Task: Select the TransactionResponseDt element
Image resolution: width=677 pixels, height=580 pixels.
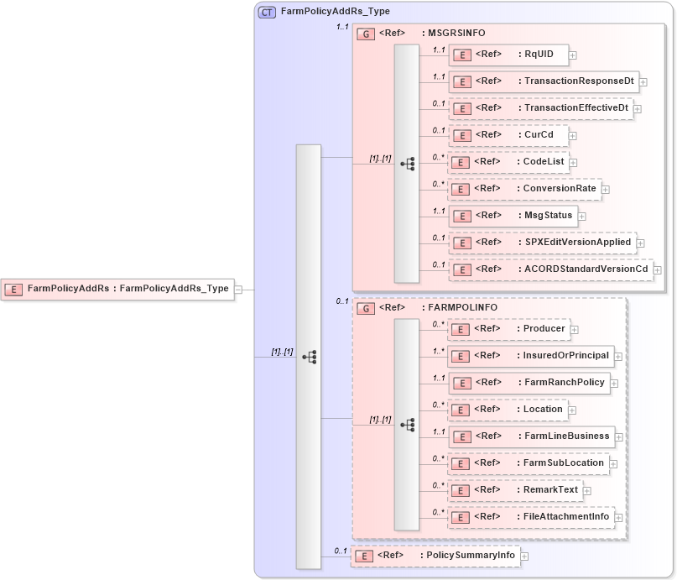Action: click(x=544, y=81)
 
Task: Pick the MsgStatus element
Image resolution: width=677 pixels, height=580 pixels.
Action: click(x=513, y=216)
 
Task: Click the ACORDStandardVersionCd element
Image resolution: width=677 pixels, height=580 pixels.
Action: click(x=550, y=269)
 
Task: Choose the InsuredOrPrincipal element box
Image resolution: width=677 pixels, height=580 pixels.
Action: click(x=531, y=356)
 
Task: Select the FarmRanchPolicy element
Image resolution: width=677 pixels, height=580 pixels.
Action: click(x=529, y=383)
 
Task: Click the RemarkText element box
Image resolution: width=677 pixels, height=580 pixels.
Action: click(x=514, y=490)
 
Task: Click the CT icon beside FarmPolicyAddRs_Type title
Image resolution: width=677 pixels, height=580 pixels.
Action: click(x=267, y=12)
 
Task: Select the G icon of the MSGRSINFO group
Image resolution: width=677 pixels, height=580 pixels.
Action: click(x=366, y=34)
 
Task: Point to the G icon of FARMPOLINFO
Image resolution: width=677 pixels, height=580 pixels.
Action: click(x=366, y=308)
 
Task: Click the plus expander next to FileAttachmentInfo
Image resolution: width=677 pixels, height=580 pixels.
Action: click(x=620, y=518)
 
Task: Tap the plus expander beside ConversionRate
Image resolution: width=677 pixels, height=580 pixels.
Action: click(x=606, y=189)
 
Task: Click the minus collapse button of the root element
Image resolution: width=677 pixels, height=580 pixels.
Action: click(x=238, y=289)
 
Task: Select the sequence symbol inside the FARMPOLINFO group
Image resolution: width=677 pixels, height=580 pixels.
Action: click(x=407, y=425)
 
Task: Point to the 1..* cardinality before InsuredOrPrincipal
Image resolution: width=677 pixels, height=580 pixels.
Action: click(x=438, y=352)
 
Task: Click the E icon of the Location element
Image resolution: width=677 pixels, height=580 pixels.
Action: click(x=461, y=410)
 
